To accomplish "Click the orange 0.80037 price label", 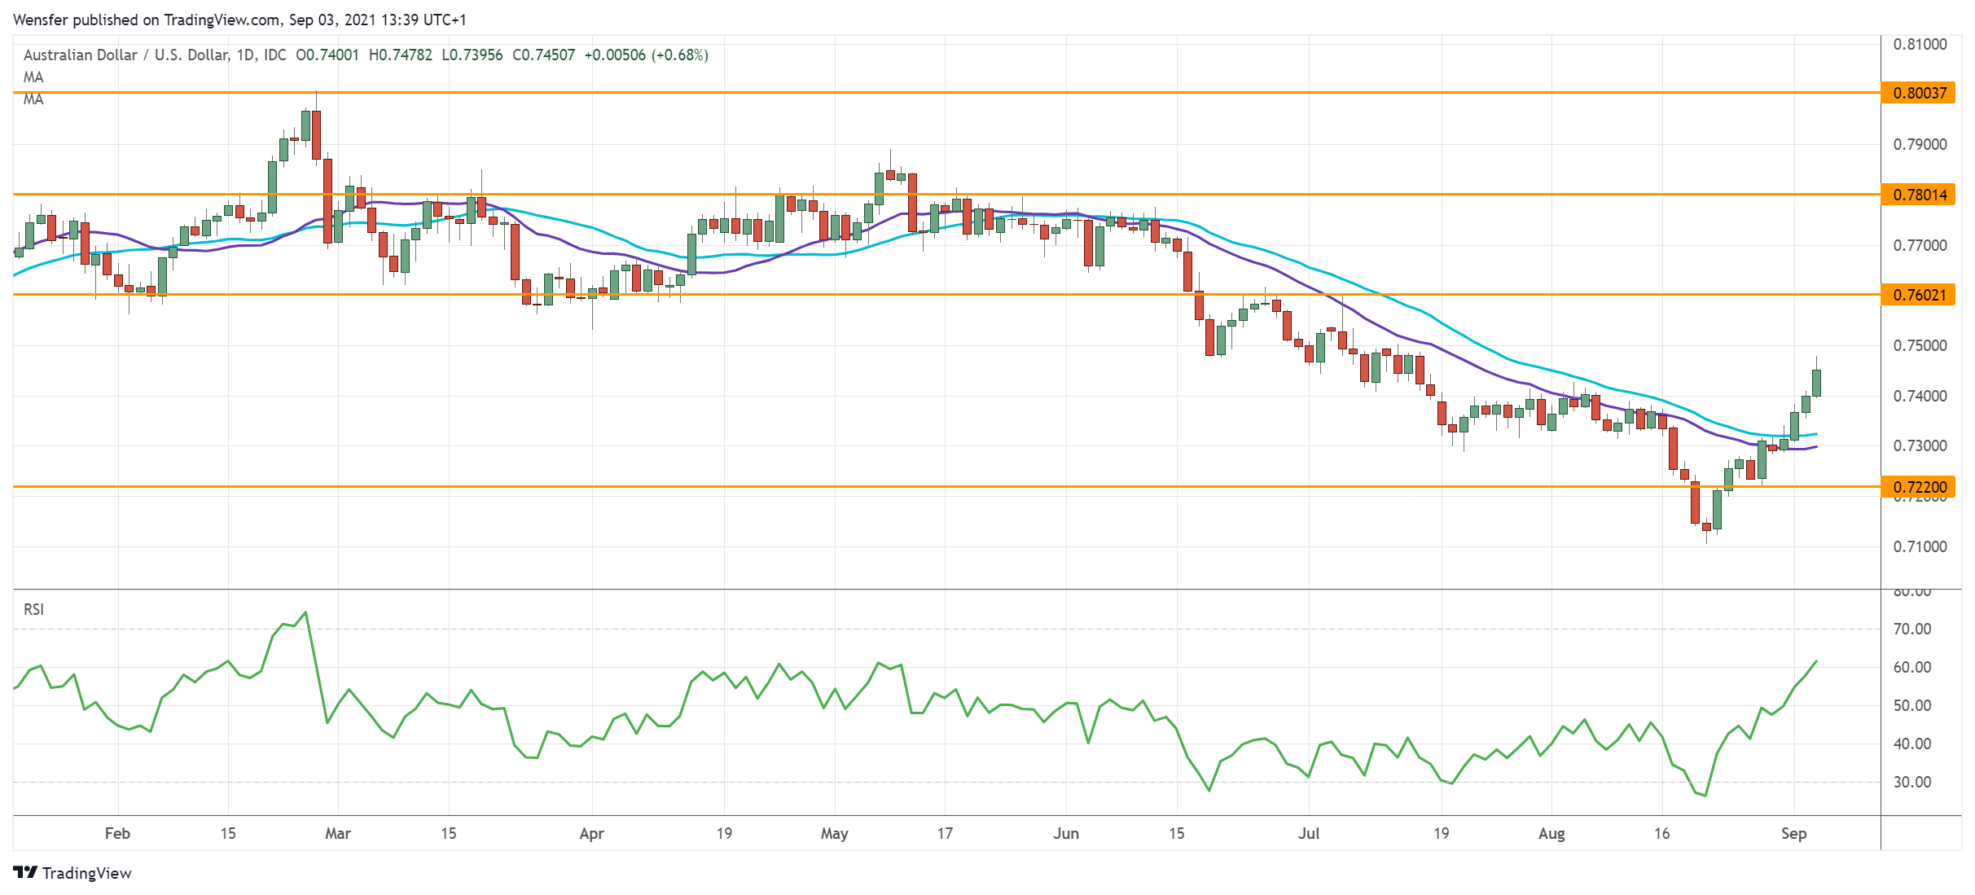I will (1918, 93).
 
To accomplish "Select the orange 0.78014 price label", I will (1918, 195).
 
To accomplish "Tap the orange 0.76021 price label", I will (1918, 295).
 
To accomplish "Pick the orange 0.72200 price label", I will (1918, 487).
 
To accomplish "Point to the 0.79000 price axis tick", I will (1920, 145).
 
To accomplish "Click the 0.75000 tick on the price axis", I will (1920, 346).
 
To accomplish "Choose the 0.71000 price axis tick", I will (1920, 547).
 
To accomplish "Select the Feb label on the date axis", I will (117, 834).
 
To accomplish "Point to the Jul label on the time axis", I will (1309, 834).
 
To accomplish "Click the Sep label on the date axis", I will (1793, 834).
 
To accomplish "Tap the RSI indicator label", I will (33, 610).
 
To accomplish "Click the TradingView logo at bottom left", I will (72, 873).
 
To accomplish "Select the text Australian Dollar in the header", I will (80, 55).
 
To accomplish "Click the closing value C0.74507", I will (543, 55).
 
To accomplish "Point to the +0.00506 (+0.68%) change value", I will (646, 55).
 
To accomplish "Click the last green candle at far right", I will (1816, 383).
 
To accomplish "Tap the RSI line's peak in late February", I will (305, 612).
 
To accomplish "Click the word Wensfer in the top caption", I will (39, 20).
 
